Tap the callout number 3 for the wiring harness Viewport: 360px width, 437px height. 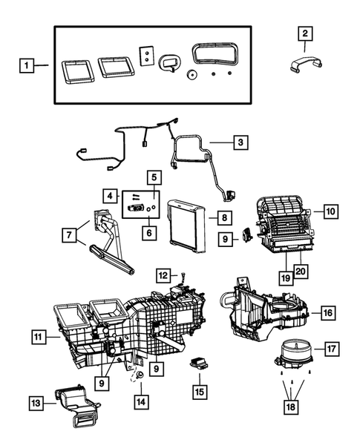239,139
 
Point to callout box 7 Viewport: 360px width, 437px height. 70,235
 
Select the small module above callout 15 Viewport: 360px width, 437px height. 199,364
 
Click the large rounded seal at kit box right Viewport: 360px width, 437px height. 215,56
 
